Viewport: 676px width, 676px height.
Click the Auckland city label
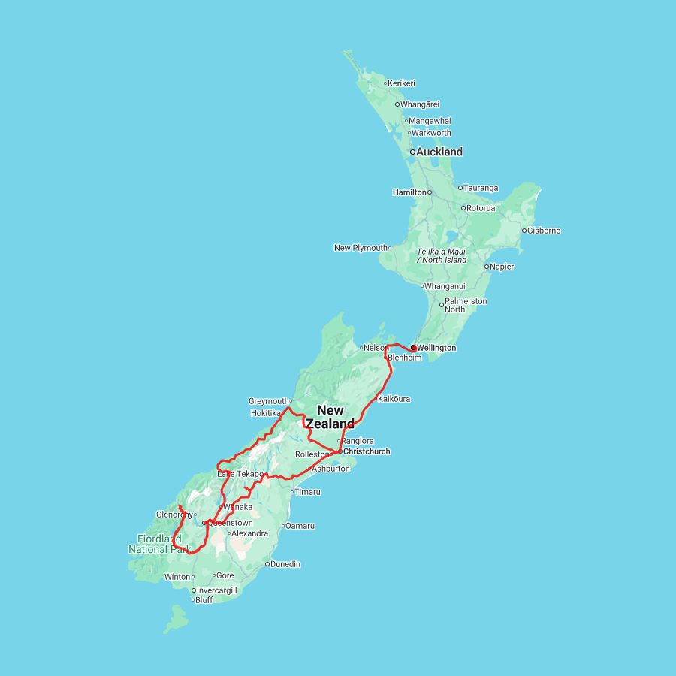pos(440,152)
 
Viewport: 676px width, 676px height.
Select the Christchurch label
pos(367,451)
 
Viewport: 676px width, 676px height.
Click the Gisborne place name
pos(544,231)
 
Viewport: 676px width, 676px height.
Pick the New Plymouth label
pos(361,248)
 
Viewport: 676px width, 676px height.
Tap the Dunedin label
pos(285,564)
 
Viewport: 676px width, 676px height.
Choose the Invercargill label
pos(216,590)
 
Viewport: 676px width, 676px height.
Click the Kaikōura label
pos(394,399)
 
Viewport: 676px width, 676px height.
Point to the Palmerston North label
pos(466,305)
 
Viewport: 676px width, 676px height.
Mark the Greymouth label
pos(268,401)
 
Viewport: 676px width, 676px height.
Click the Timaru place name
pos(307,492)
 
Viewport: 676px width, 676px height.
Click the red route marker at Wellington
pos(413,348)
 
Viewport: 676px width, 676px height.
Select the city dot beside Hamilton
pos(430,192)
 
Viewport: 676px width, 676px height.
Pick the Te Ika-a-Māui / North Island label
pos(442,255)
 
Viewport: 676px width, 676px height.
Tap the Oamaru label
pos(300,526)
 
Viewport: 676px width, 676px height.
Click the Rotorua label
pos(481,208)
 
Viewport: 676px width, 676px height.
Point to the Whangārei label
pos(420,104)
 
